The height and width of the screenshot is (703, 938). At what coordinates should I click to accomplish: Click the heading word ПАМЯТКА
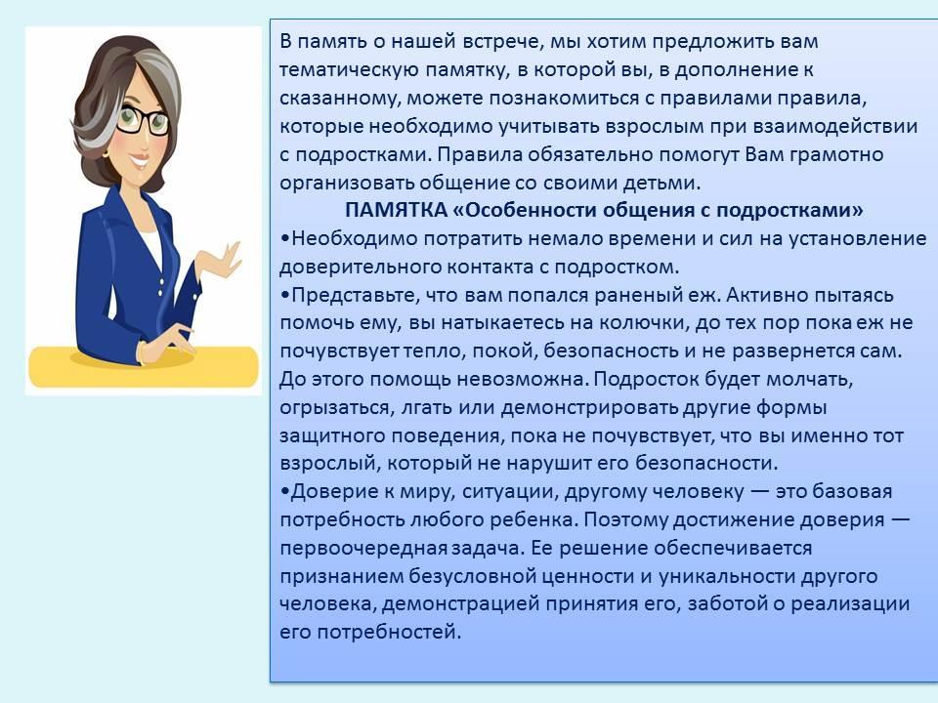pyautogui.click(x=396, y=211)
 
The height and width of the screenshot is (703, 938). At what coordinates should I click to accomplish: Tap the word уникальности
pyautogui.click(x=726, y=577)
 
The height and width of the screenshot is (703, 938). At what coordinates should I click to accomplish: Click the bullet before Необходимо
pyautogui.click(x=284, y=239)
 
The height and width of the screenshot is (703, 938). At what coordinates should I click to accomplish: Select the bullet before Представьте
pyautogui.click(x=284, y=295)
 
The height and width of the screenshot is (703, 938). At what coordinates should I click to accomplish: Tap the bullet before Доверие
pyautogui.click(x=284, y=492)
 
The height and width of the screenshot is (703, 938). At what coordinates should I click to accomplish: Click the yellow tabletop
pyautogui.click(x=144, y=366)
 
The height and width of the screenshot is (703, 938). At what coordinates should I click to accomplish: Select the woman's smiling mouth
pyautogui.click(x=139, y=161)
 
